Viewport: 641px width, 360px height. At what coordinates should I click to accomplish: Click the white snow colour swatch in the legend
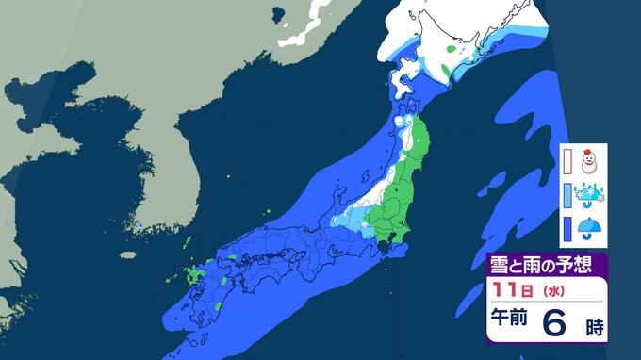click(x=567, y=160)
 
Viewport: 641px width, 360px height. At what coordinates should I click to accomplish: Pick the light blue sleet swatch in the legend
click(x=567, y=195)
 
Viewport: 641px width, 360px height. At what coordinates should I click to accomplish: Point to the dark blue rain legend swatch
click(x=567, y=229)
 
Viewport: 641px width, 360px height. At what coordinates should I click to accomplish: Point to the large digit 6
click(x=556, y=323)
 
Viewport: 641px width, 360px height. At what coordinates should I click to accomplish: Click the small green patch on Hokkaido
click(x=452, y=47)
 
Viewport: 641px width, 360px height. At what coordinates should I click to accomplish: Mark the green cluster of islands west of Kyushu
click(x=195, y=276)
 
